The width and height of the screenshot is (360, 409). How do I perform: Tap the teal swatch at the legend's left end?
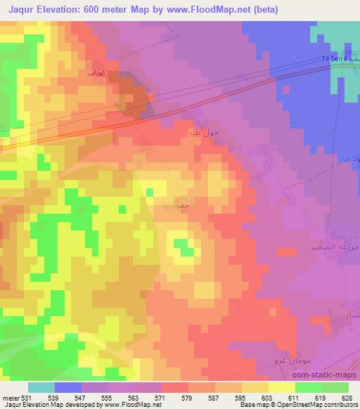[x=41, y=387]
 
